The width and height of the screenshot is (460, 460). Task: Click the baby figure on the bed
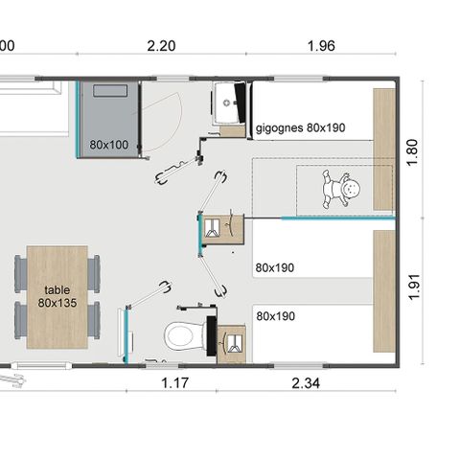[342, 188]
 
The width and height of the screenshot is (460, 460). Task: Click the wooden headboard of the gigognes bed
[384, 149]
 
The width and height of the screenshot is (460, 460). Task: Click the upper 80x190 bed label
[275, 267]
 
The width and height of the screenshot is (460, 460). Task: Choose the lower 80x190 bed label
[275, 314]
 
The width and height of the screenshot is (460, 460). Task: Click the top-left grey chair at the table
[20, 272]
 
